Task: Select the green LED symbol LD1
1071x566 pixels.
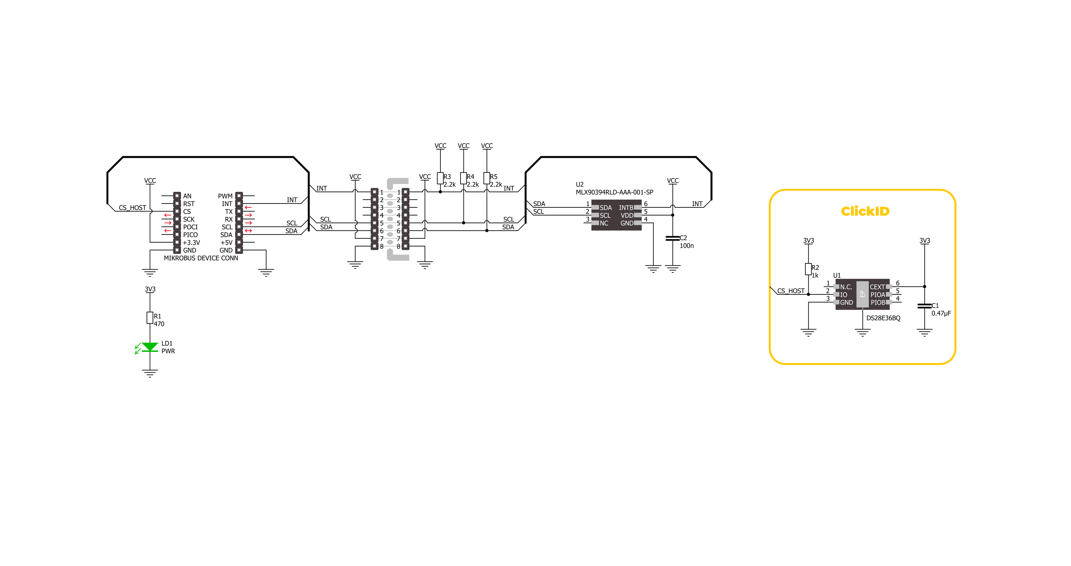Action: pos(150,347)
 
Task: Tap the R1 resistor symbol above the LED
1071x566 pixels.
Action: pos(150,318)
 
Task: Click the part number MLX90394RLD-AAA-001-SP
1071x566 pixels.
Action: pos(614,192)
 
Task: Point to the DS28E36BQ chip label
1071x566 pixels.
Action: pos(883,318)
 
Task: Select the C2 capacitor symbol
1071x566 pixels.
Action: pos(672,238)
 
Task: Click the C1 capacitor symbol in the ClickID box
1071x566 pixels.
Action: pos(924,306)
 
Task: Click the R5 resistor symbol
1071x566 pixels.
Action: pos(486,179)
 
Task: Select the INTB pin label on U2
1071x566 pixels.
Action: pos(626,208)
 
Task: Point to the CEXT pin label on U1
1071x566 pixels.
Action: pos(877,287)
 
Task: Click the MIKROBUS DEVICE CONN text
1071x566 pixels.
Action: pos(201,258)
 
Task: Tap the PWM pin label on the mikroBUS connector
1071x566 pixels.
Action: pos(225,196)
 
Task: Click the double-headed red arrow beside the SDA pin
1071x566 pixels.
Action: pos(248,231)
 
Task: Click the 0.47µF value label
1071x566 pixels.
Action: pos(941,314)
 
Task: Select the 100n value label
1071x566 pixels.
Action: pos(687,246)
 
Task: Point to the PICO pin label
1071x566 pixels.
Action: pos(190,235)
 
